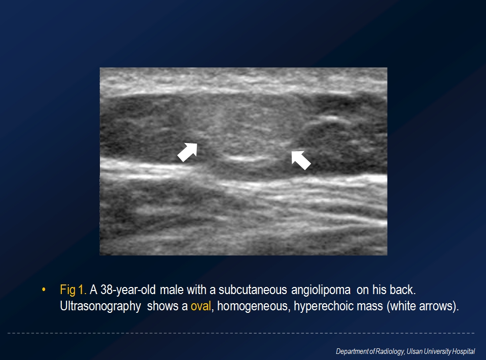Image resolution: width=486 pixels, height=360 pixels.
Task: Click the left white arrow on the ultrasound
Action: (x=188, y=152)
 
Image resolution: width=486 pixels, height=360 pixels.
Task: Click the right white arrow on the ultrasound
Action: (x=301, y=160)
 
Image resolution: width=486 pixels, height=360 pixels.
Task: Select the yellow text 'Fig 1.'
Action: (x=73, y=290)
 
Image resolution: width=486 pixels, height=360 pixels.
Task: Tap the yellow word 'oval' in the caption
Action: (x=201, y=306)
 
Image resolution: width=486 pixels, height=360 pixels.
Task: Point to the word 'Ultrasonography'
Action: (x=100, y=306)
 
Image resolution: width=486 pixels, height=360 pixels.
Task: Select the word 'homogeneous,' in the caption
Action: (x=254, y=306)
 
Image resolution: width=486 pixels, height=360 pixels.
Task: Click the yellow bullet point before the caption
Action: (x=44, y=290)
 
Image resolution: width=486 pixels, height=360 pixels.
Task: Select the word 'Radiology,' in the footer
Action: (x=390, y=352)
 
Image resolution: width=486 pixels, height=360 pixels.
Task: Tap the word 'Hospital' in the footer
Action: (x=463, y=352)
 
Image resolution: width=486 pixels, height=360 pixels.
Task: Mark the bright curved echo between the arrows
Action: (x=246, y=159)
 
